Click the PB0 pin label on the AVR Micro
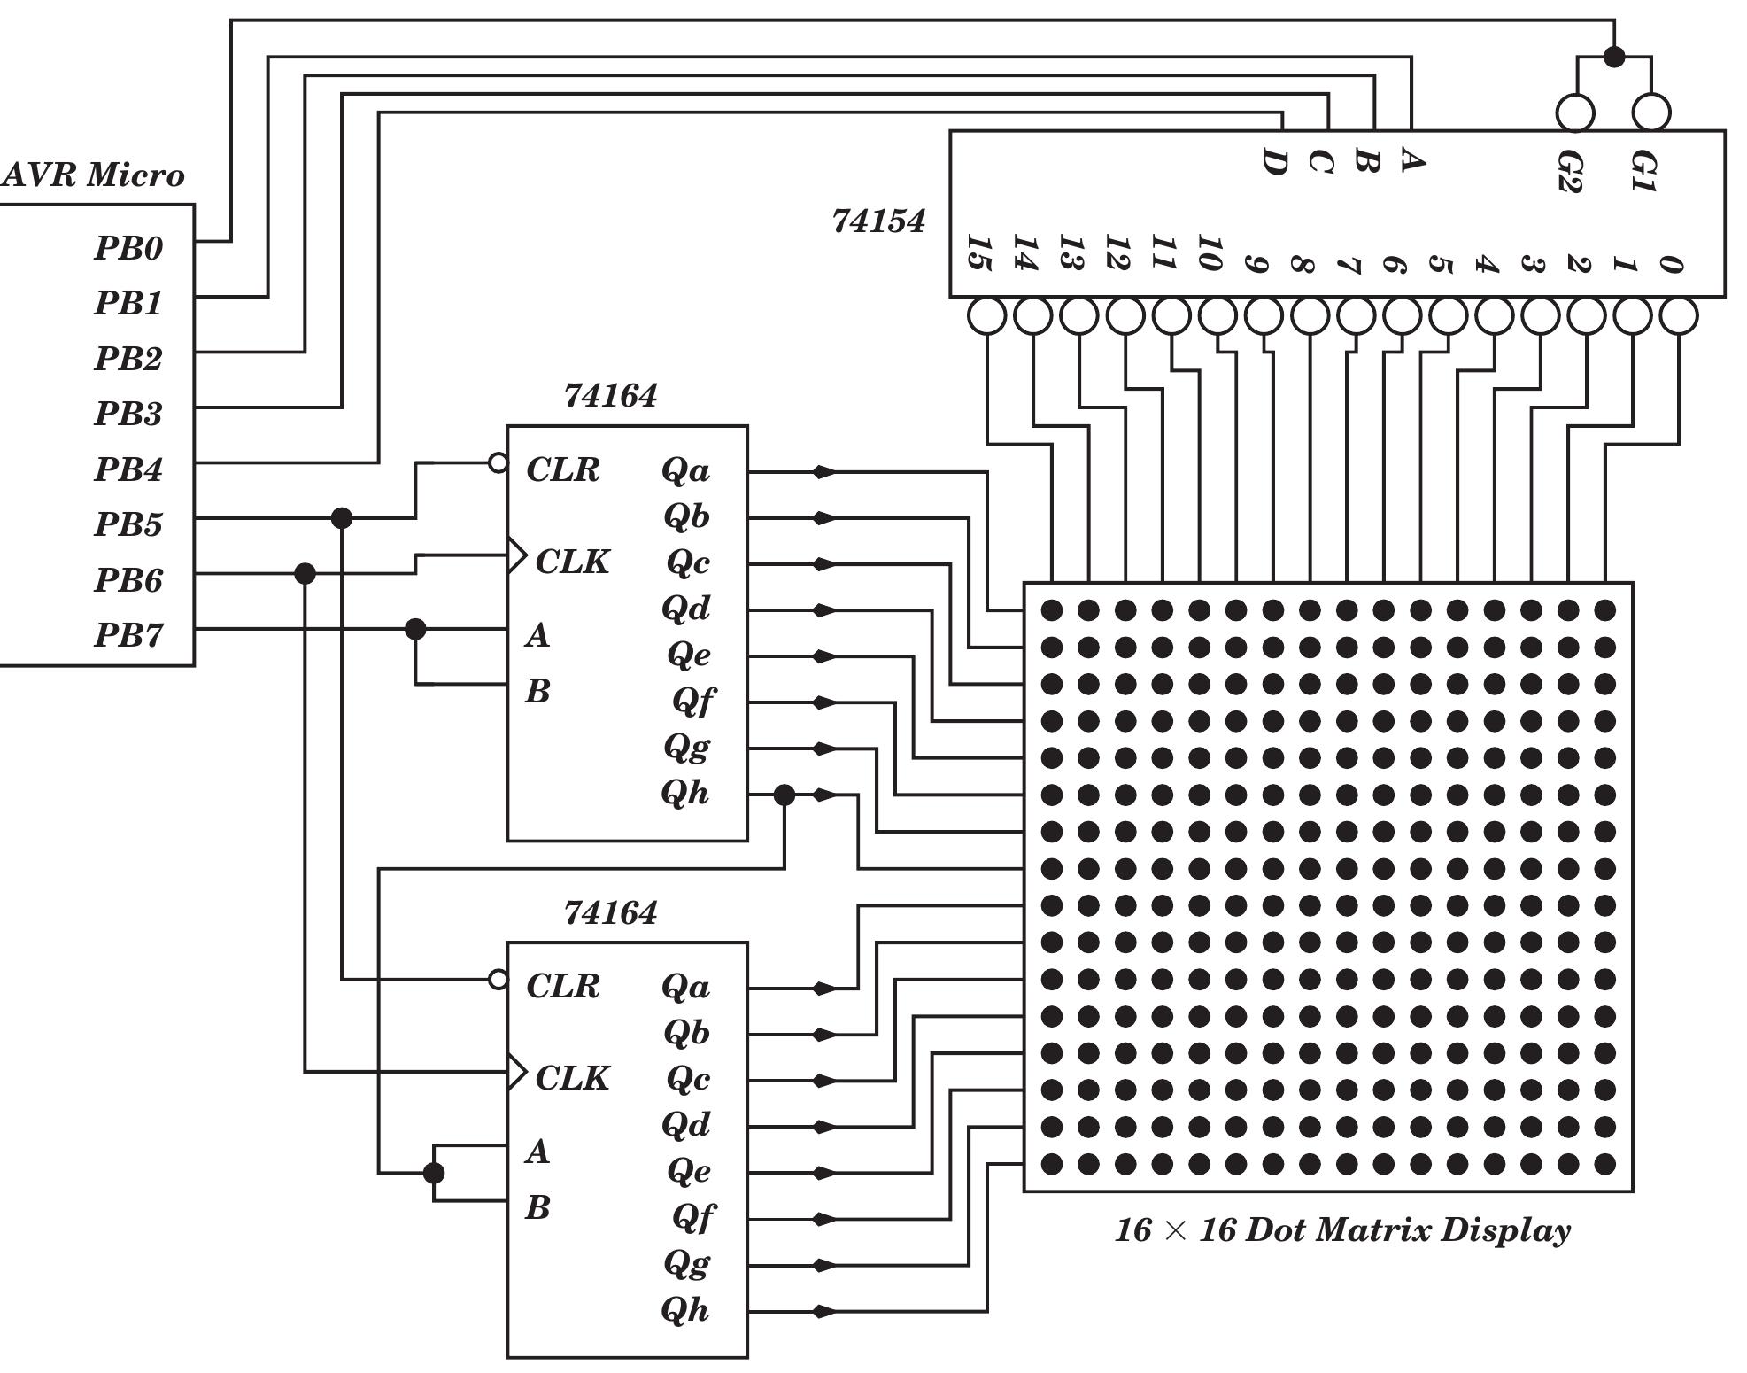click(x=129, y=248)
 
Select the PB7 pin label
click(x=129, y=635)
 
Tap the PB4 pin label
click(x=129, y=469)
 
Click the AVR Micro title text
click(x=93, y=175)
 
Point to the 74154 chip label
click(x=878, y=221)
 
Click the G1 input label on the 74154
click(x=1643, y=172)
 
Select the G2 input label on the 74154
click(x=1568, y=172)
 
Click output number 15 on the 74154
click(x=978, y=253)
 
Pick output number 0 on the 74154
click(x=1670, y=264)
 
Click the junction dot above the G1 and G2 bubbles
click(x=1614, y=58)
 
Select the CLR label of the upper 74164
click(x=563, y=469)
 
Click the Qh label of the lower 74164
click(x=685, y=1310)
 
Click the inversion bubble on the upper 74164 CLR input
click(x=499, y=462)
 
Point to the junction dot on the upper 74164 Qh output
click(x=784, y=795)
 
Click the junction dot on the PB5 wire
click(x=341, y=518)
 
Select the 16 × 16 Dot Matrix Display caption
click(x=1342, y=1230)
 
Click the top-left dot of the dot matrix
click(x=1051, y=610)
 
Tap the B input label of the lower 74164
click(x=537, y=1207)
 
